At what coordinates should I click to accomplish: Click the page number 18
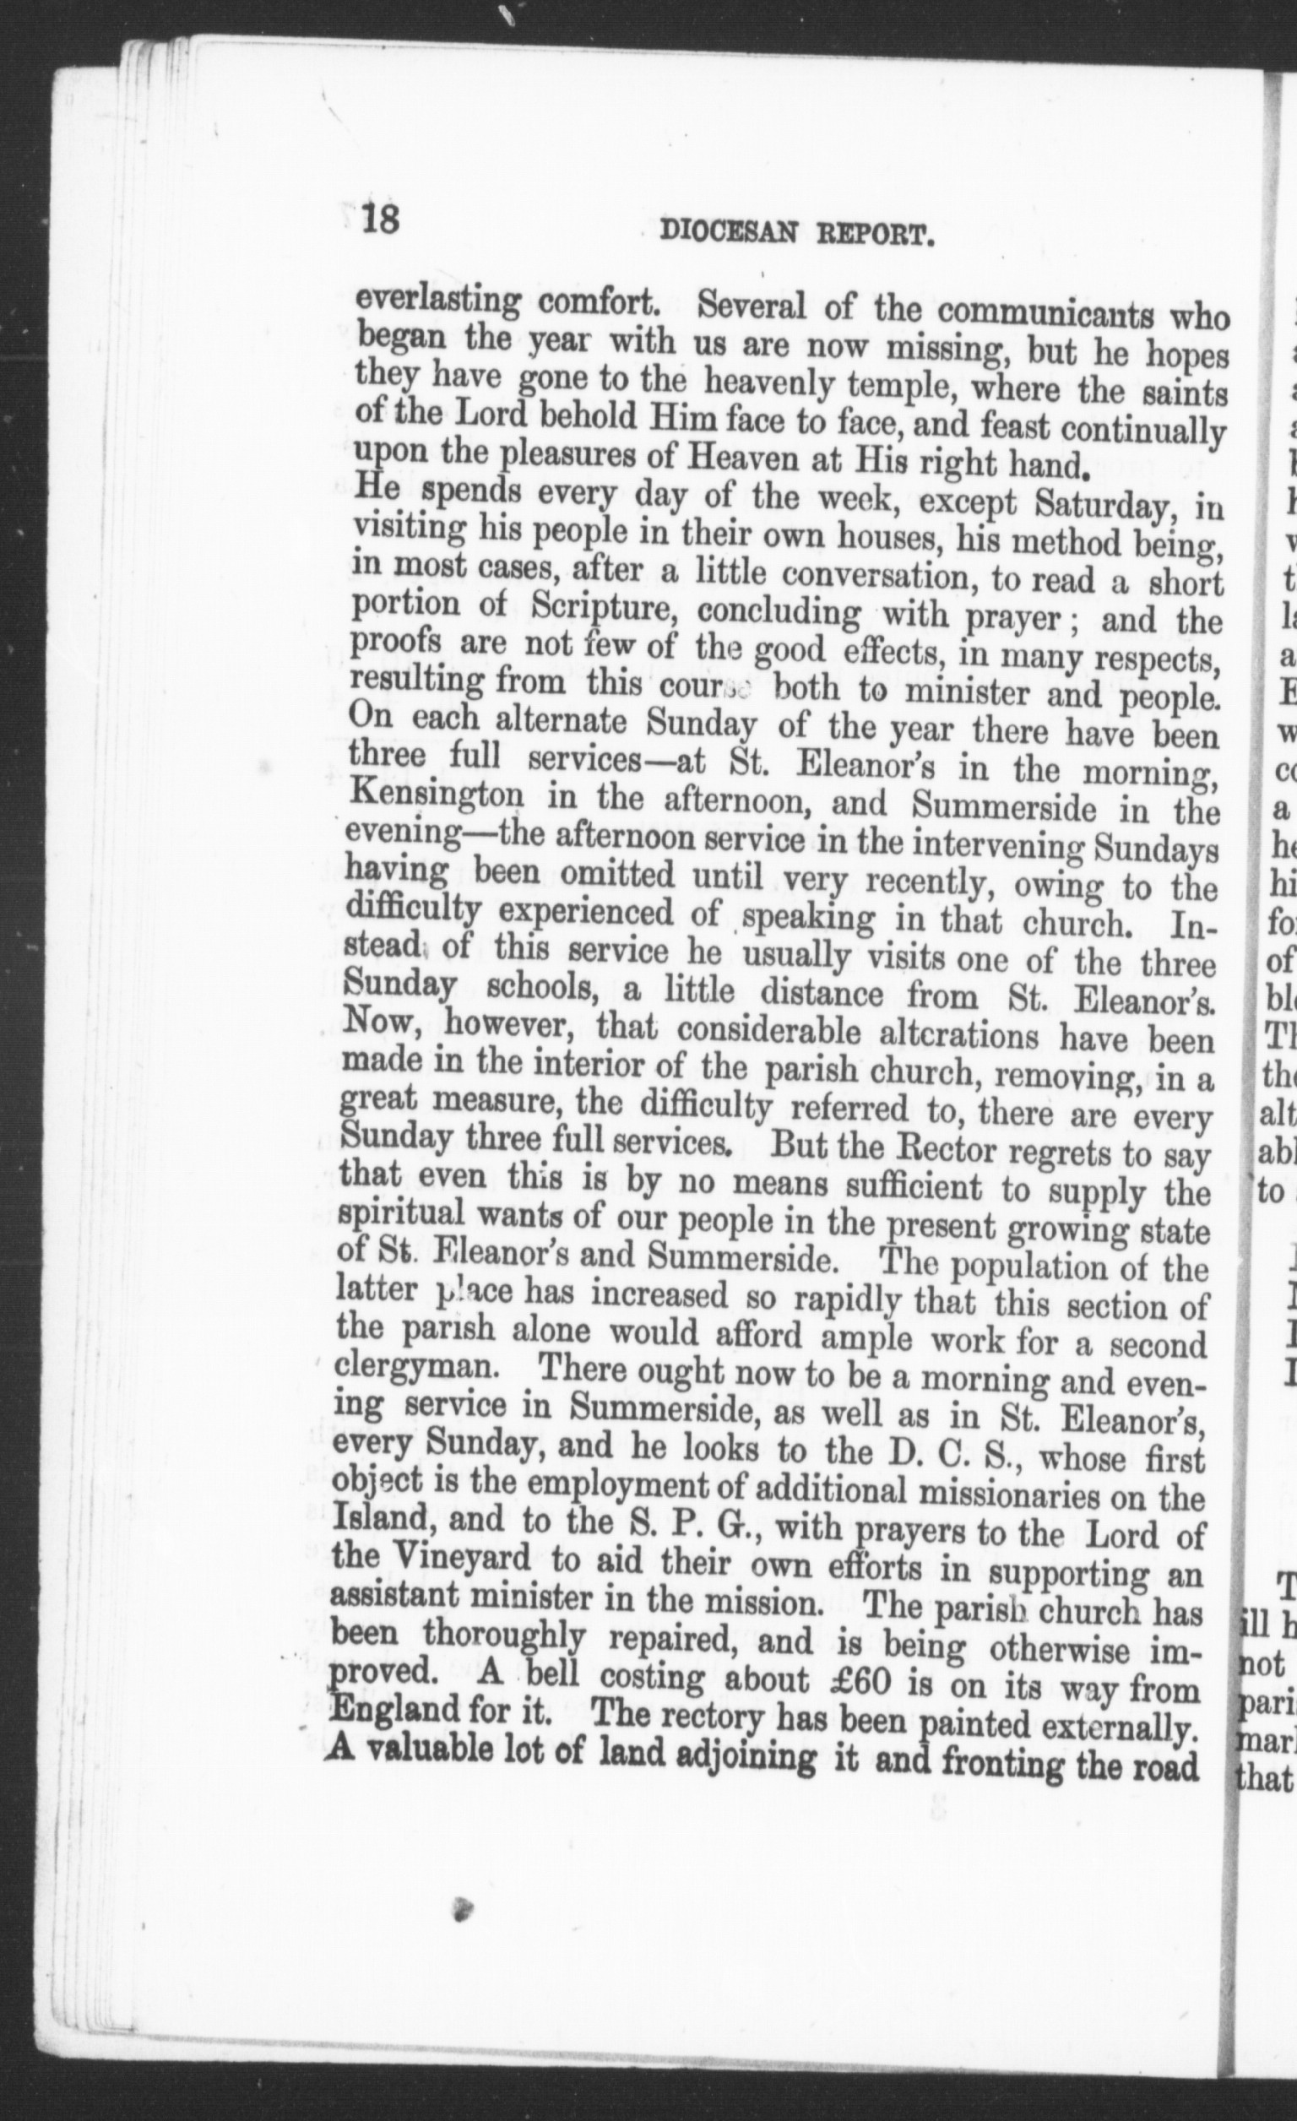tap(379, 218)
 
